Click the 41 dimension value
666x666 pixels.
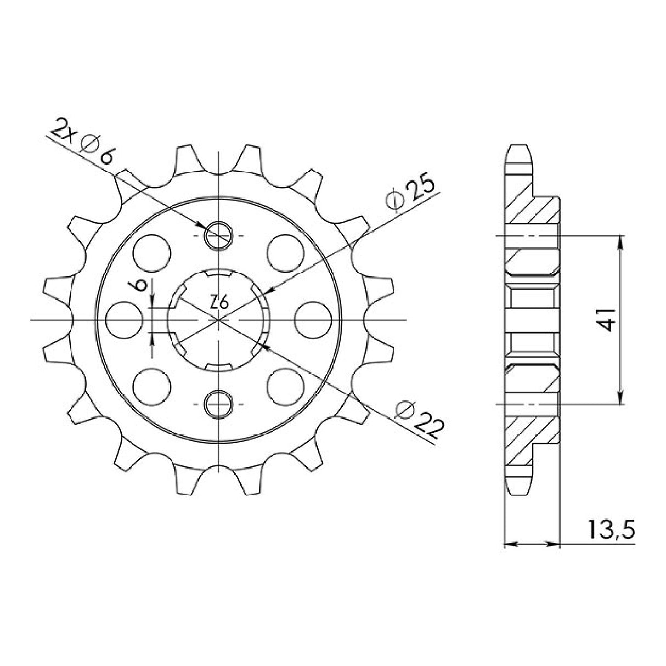(606, 320)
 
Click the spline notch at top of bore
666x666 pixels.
(218, 273)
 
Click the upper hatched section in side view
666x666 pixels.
(531, 211)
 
